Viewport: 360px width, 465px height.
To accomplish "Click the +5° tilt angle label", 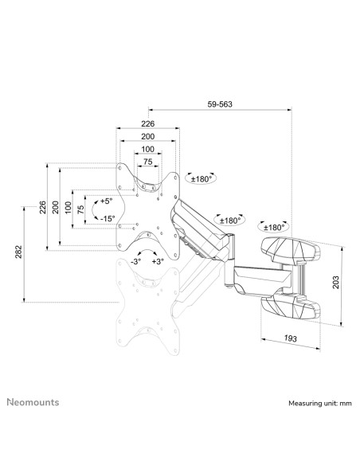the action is pos(108,201).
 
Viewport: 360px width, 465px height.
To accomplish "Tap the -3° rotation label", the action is pos(136,260).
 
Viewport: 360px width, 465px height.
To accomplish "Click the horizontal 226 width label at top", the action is pos(147,123).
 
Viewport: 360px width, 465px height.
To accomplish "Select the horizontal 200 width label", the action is pos(147,137).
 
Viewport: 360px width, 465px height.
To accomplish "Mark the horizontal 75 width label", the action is pos(147,162).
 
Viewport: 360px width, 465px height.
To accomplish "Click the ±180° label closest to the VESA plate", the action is pos(202,179).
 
